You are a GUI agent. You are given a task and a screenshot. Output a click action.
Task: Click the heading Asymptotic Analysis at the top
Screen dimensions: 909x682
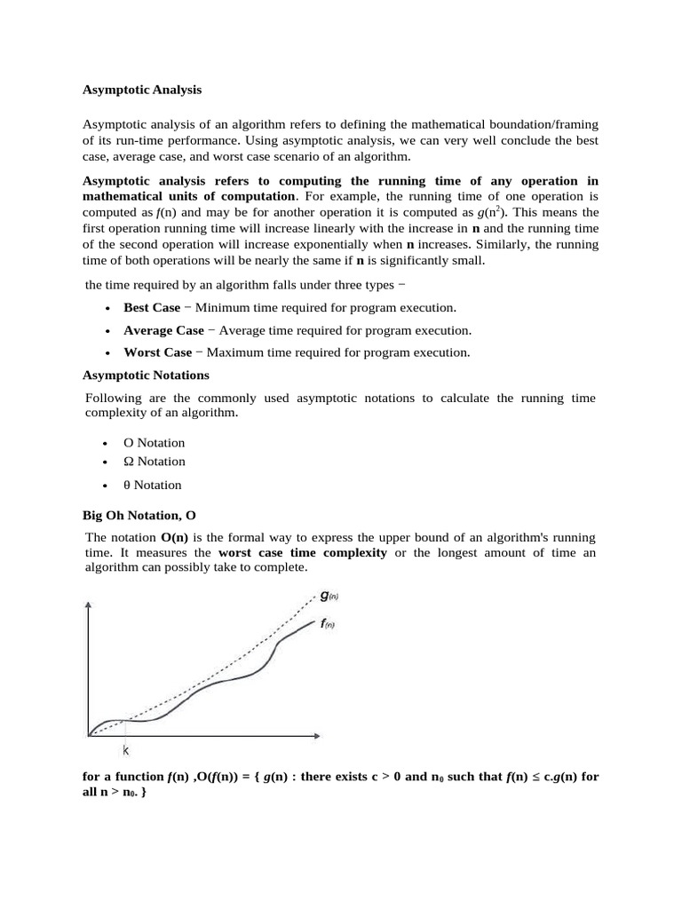[142, 90]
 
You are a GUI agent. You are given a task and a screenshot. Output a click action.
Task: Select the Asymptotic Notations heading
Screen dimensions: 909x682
[146, 375]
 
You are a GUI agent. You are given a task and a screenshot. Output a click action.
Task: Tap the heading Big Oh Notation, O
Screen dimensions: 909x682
[139, 515]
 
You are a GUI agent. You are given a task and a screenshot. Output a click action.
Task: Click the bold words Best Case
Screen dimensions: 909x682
[152, 307]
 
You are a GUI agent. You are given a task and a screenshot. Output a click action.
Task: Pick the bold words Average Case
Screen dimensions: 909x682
[163, 330]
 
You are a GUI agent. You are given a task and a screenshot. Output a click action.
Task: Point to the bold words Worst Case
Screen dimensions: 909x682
[157, 352]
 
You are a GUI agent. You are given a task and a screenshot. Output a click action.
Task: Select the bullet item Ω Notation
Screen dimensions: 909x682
[155, 462]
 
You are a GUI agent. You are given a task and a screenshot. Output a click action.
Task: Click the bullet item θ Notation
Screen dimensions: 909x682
[152, 485]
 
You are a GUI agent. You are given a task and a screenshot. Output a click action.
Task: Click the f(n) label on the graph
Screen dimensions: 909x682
[327, 624]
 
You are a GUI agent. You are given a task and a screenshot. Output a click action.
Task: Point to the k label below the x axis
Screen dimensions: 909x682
[125, 751]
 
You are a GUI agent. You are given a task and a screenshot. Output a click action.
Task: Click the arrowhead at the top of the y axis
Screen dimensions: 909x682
[87, 606]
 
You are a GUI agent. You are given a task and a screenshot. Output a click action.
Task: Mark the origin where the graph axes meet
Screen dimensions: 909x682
[88, 736]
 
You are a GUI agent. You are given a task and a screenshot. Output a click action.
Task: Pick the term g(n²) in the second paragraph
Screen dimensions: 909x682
[493, 212]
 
